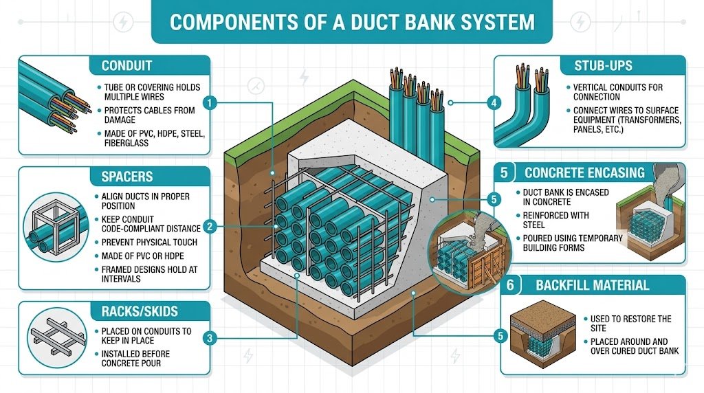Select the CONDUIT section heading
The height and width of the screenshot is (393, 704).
click(x=126, y=67)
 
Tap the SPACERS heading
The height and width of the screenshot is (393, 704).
click(x=126, y=177)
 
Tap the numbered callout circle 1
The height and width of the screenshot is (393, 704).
click(x=212, y=103)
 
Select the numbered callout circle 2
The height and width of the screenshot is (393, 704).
click(x=212, y=225)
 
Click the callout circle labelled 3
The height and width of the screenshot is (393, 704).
click(x=212, y=337)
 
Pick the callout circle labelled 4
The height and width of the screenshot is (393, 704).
click(x=492, y=103)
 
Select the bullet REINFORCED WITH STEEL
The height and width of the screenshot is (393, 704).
click(x=552, y=221)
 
